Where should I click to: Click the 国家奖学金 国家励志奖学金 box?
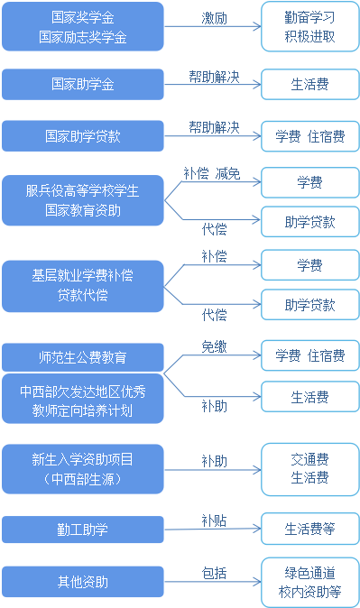(x=83, y=27)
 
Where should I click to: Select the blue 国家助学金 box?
(x=83, y=84)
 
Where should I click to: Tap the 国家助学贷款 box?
(x=83, y=136)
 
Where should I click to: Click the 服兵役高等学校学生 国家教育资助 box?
(x=83, y=199)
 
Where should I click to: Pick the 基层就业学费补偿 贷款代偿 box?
(x=83, y=283)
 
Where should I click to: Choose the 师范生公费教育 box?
(x=83, y=356)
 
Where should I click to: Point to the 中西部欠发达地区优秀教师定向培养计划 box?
(x=83, y=398)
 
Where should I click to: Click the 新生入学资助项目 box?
(x=83, y=468)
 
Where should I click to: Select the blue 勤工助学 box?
(x=83, y=529)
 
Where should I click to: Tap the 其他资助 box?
(x=83, y=581)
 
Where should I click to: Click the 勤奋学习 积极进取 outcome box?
(x=309, y=27)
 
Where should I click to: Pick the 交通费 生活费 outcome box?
(x=309, y=468)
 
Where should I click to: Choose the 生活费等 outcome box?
(x=309, y=529)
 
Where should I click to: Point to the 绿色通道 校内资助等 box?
(x=309, y=583)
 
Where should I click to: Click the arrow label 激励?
(x=214, y=17)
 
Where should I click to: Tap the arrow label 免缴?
(x=214, y=345)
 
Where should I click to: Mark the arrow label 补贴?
(x=214, y=520)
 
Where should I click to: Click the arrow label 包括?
(x=214, y=573)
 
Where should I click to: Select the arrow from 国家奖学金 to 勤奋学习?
(x=214, y=29)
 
